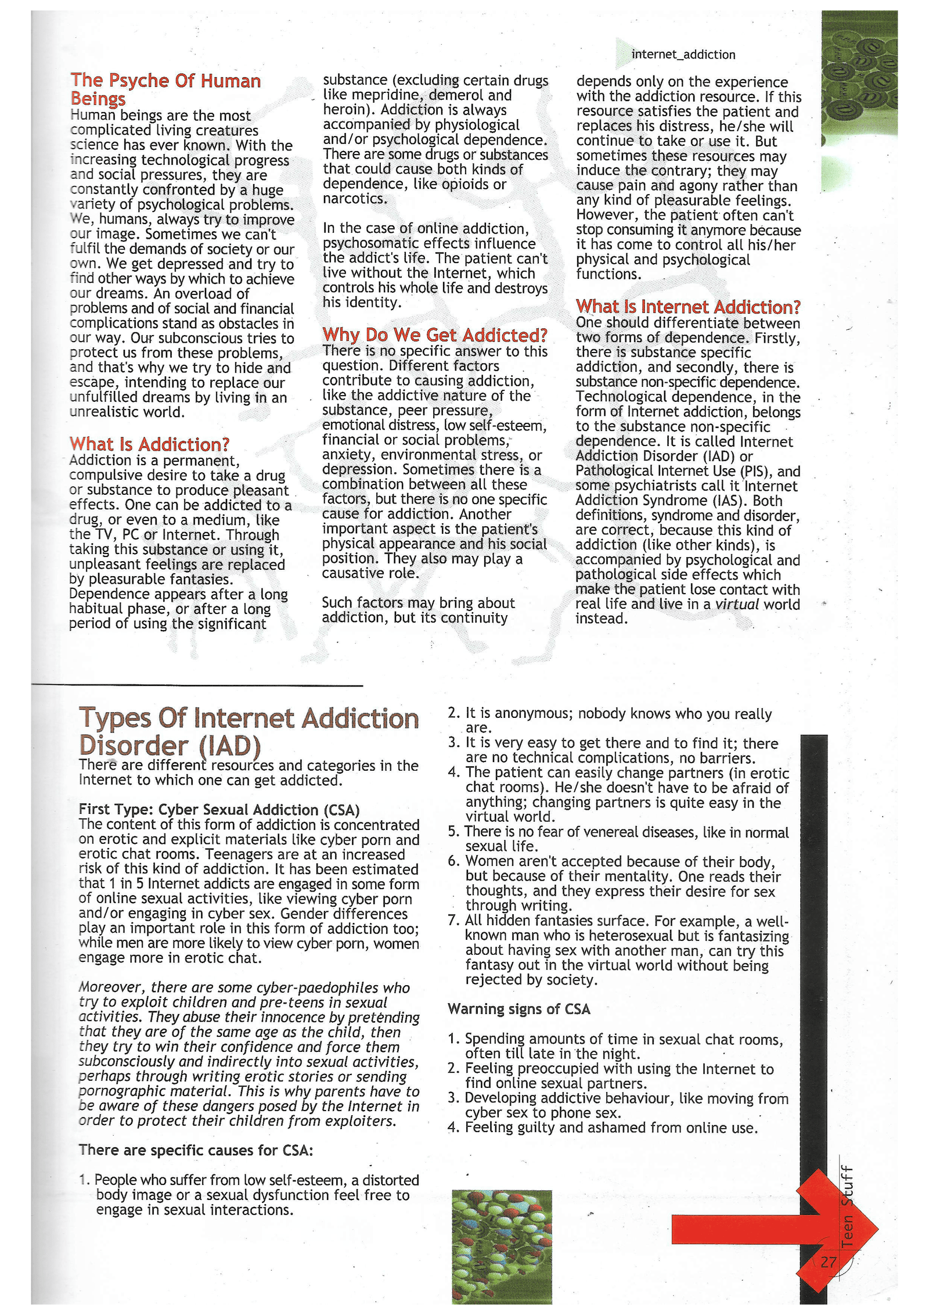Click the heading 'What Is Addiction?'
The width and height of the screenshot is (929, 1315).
149,444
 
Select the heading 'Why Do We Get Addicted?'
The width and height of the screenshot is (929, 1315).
435,335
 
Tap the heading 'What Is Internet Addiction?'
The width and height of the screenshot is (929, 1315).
688,307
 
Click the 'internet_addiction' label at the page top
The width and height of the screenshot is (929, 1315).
683,55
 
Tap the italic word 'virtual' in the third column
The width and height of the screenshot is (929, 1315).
737,604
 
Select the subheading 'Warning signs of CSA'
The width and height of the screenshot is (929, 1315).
518,1009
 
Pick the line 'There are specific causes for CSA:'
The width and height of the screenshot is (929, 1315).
196,1150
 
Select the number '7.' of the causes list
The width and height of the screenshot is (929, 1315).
454,921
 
